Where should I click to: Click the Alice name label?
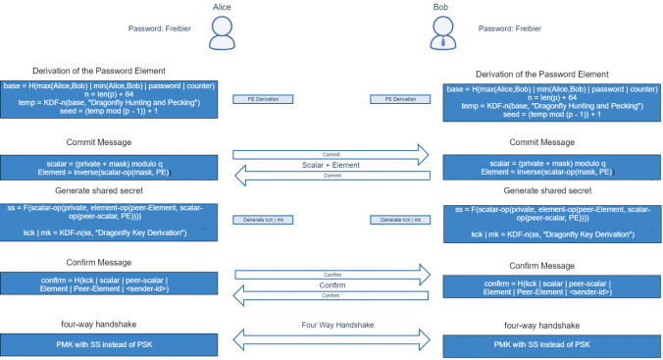(x=224, y=7)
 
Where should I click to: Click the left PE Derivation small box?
(x=262, y=99)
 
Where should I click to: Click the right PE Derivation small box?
(x=399, y=99)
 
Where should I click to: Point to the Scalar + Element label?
(x=331, y=165)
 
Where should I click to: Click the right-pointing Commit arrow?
(x=331, y=154)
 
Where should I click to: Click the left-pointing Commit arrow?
(x=331, y=176)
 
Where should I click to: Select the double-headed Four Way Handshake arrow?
(x=331, y=339)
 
